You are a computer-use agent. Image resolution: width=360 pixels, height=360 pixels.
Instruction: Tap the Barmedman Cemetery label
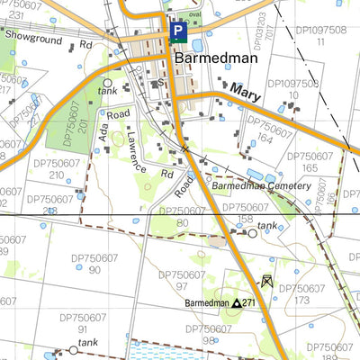tap(260, 186)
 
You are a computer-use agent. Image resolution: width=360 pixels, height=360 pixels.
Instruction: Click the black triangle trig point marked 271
tap(237, 304)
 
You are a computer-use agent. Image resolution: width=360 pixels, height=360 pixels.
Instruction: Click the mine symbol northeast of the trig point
tap(266, 281)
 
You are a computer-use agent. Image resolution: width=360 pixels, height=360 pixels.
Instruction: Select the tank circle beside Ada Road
tap(108, 82)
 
